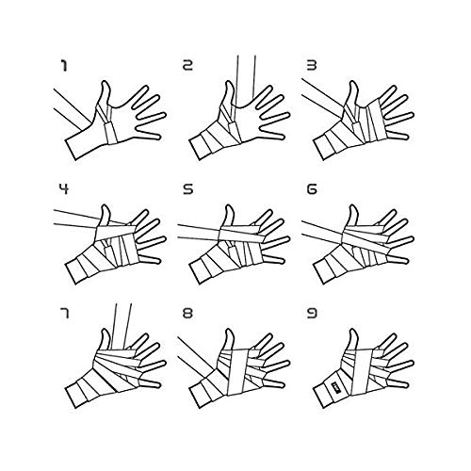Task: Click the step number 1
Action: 64,66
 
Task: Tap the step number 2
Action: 187,66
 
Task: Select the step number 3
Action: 312,66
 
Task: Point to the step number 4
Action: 64,189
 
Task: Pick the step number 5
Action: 187,189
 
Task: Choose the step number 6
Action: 312,189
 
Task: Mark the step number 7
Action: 64,314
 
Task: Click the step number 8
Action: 187,314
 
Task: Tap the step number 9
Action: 312,314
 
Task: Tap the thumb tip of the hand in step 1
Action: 106,83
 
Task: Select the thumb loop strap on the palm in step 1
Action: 110,132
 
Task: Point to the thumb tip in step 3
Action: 354,83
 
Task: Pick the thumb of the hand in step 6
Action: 352,218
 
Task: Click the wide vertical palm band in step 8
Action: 238,371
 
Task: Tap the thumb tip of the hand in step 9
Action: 354,331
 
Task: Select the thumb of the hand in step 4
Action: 105,217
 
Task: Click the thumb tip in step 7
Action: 106,331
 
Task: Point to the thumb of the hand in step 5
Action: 229,217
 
